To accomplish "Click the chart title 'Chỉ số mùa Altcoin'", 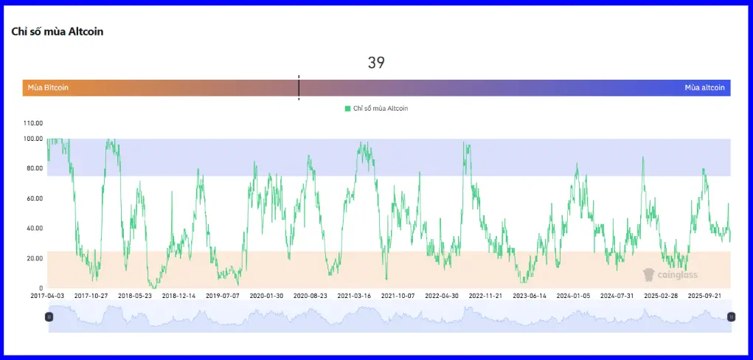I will point(58,32).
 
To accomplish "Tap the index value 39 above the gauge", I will point(376,63).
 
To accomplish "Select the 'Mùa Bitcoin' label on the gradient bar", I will point(48,88).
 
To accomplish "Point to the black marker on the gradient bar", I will point(299,87).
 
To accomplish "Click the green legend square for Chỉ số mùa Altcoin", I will point(347,108).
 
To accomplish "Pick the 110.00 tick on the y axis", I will point(34,123).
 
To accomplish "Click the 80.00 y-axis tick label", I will point(34,168).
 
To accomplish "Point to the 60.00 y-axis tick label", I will point(34,198).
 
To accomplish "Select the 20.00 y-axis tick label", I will point(34,258).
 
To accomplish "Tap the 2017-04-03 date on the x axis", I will point(47,296).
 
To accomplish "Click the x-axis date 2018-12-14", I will point(179,296).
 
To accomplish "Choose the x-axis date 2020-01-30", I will point(267,296).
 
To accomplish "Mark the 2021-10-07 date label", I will point(398,296).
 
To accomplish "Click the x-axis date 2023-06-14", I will point(530,296).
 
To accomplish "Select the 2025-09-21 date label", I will point(705,296).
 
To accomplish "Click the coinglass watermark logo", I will point(649,274).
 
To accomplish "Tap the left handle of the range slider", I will point(49,316).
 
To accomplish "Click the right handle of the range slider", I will point(732,316).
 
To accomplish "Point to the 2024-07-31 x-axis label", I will point(617,296).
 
